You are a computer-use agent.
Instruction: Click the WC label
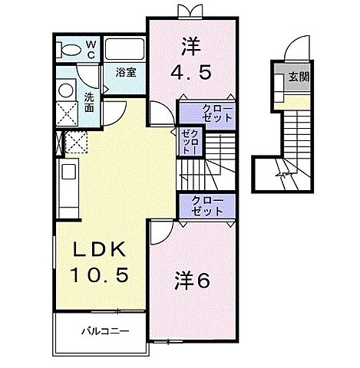tap(90, 49)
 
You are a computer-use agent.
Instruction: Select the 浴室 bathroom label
tap(126, 73)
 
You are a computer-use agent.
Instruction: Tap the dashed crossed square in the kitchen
tap(77, 143)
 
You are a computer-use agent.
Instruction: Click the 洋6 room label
tap(191, 281)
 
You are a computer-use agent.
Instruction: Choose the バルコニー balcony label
tap(104, 331)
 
